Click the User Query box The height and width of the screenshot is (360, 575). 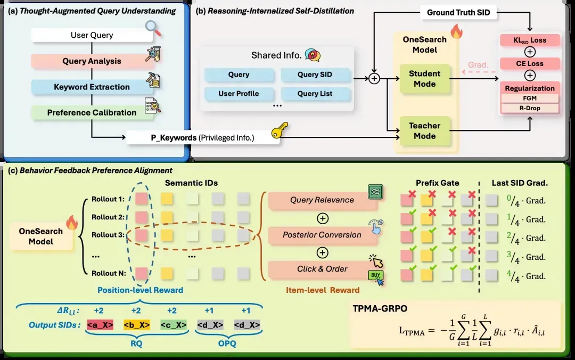pyautogui.click(x=92, y=35)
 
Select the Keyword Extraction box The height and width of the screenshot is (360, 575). pyautogui.click(x=92, y=87)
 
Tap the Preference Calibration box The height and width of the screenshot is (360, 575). pyautogui.click(x=92, y=113)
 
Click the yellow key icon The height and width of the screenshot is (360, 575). pyautogui.click(x=280, y=130)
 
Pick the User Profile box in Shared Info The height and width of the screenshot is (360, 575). pyautogui.click(x=239, y=94)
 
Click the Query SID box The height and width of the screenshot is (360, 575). pyautogui.click(x=315, y=75)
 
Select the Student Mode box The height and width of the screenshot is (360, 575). pyautogui.click(x=425, y=79)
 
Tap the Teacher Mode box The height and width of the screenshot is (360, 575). pyautogui.click(x=425, y=131)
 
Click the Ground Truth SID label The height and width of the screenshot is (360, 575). pyautogui.click(x=458, y=12)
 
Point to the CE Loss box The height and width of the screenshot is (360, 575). pyautogui.click(x=530, y=63)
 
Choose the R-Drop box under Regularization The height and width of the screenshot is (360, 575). pyautogui.click(x=530, y=108)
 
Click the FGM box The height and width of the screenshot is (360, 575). pyautogui.click(x=530, y=99)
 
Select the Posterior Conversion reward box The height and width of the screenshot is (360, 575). pyautogui.click(x=322, y=235)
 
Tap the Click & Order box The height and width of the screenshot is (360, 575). pyautogui.click(x=322, y=269)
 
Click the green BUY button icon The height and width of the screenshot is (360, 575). pyautogui.click(x=375, y=275)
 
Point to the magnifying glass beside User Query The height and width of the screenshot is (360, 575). pyautogui.click(x=153, y=28)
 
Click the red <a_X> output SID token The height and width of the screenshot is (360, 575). pyautogui.click(x=100, y=325)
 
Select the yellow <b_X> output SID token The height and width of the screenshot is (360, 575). pyautogui.click(x=137, y=325)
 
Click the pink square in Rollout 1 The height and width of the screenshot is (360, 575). pyautogui.click(x=142, y=199)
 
